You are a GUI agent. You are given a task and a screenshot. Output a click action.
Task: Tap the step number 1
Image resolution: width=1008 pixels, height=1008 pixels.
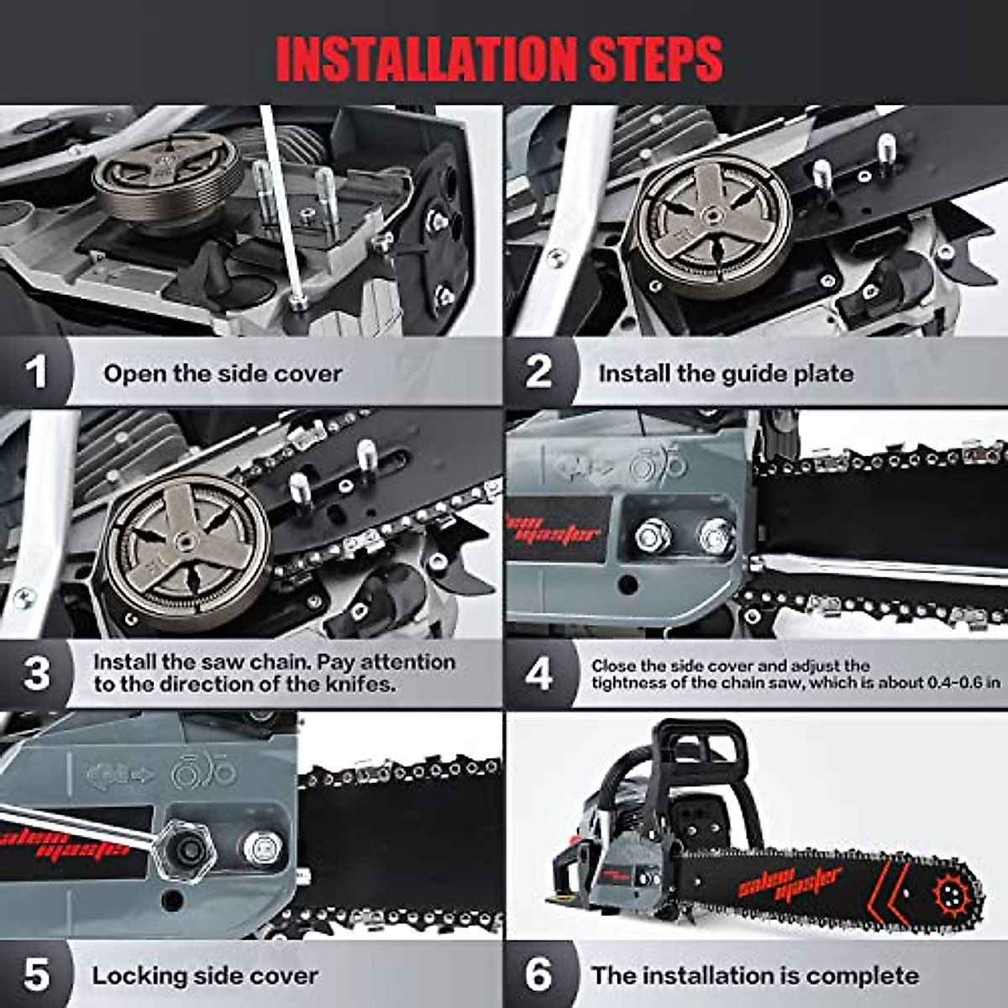(35, 372)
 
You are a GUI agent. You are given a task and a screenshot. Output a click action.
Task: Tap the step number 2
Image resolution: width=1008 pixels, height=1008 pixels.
(539, 372)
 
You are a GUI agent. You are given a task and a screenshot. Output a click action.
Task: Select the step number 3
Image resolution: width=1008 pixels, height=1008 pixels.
(36, 673)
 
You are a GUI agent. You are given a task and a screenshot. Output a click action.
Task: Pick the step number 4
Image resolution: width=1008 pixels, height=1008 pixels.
(539, 674)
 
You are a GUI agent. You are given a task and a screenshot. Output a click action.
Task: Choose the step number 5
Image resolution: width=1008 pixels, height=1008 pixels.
(36, 975)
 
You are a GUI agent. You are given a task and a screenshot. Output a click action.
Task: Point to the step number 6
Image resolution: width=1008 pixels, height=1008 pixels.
(539, 975)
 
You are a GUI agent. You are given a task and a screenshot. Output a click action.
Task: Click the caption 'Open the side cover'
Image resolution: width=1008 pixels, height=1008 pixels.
(223, 373)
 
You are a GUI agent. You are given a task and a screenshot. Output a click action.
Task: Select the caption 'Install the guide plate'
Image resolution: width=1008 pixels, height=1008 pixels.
(726, 373)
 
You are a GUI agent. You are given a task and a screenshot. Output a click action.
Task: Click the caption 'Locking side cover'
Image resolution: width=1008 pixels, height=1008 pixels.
(205, 976)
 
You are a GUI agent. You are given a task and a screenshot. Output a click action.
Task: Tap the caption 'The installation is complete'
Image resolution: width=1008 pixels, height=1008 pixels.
(754, 976)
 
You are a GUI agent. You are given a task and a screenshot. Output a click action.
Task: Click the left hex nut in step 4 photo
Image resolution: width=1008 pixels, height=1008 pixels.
(652, 535)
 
